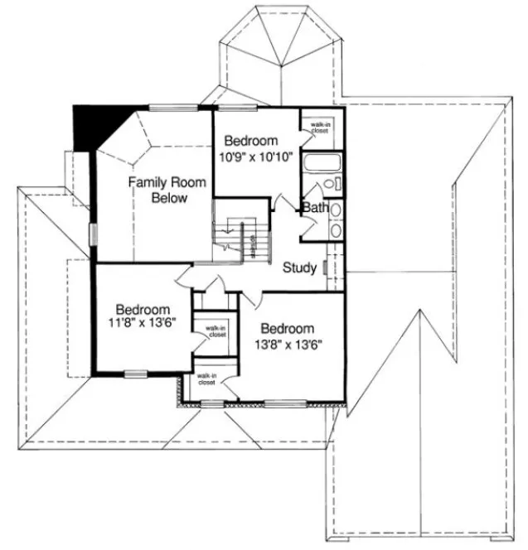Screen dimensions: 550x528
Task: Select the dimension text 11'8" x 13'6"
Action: [143, 323]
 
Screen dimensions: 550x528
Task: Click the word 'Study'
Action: [298, 268]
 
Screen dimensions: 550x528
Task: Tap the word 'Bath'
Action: [315, 208]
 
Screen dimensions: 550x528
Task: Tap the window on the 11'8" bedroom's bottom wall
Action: [135, 374]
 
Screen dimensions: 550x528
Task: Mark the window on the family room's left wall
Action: [93, 234]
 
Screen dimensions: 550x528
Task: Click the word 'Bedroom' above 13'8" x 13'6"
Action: [288, 328]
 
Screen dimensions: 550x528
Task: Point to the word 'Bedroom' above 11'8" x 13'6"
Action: [143, 308]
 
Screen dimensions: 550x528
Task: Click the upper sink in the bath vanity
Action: [336, 209]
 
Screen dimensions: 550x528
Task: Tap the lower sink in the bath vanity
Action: [336, 229]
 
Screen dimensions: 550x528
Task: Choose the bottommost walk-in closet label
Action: [206, 380]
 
